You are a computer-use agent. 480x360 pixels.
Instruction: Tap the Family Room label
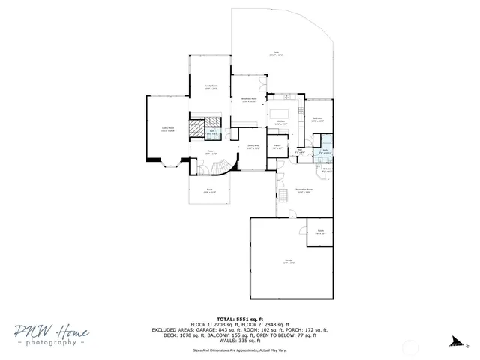(x=211, y=87)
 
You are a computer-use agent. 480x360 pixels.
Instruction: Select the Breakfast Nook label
(x=249, y=100)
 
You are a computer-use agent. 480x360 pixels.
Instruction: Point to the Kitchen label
(x=280, y=122)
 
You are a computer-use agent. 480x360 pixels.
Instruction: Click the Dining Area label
(x=253, y=147)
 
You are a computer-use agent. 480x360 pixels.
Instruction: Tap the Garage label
(x=289, y=262)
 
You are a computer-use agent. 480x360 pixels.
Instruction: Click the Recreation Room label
(x=304, y=190)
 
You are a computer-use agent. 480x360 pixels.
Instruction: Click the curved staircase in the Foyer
(x=223, y=166)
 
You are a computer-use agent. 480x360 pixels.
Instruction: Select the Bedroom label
(x=317, y=120)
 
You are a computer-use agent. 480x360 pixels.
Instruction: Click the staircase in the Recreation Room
(x=283, y=196)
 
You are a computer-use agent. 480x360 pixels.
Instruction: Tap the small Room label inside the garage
(x=320, y=232)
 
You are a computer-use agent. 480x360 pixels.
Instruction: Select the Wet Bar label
(x=327, y=169)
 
